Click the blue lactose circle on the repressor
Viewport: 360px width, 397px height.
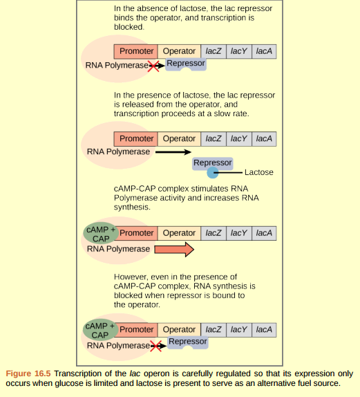214,172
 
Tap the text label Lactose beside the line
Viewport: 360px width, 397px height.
258,172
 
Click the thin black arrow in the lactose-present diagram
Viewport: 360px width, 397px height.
172,151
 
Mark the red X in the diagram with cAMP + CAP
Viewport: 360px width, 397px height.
156,345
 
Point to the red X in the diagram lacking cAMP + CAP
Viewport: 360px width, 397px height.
153,66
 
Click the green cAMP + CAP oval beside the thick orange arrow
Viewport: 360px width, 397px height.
100,233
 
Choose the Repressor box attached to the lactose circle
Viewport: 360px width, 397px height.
212,163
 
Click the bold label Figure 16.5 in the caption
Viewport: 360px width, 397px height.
28,373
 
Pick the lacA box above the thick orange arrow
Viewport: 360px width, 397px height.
263,233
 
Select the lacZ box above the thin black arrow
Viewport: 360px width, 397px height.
214,138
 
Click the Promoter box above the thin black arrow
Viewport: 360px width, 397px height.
136,138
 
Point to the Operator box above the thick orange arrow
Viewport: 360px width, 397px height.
179,233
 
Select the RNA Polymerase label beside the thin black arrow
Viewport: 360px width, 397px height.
118,151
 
